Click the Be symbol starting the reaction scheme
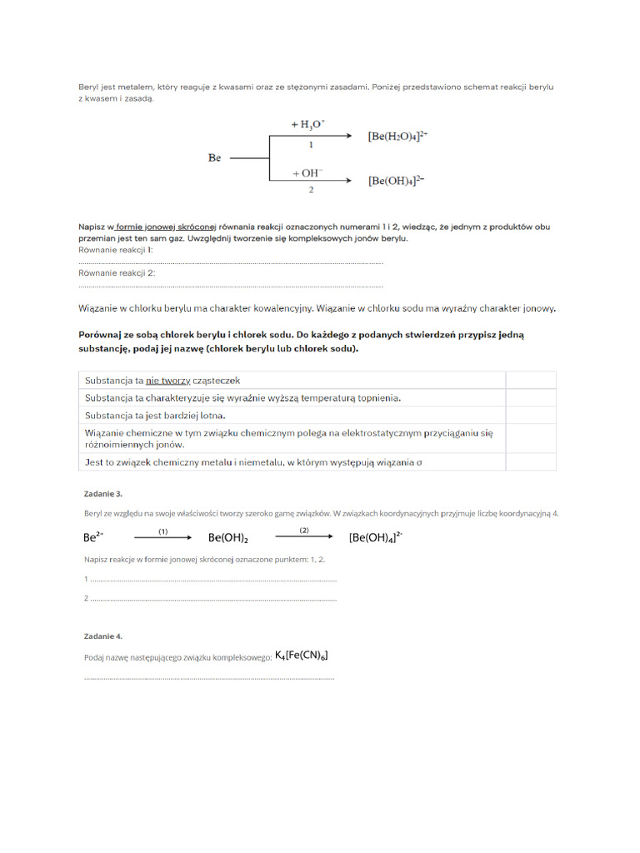coord(214,157)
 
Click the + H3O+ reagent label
coord(308,124)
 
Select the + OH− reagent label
coord(307,173)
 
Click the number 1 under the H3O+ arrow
coord(310,145)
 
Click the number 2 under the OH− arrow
coord(310,191)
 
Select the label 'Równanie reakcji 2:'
coord(117,272)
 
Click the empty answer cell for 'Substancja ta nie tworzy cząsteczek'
coord(531,381)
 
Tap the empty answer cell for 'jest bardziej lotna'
coord(531,415)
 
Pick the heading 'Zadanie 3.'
coord(102,494)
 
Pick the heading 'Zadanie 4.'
coord(102,636)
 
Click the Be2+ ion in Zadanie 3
coord(93,537)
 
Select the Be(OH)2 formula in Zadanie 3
coord(228,538)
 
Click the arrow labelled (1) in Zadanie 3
coord(163,537)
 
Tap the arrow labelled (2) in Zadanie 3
coord(304,537)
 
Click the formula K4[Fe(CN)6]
coord(301,656)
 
